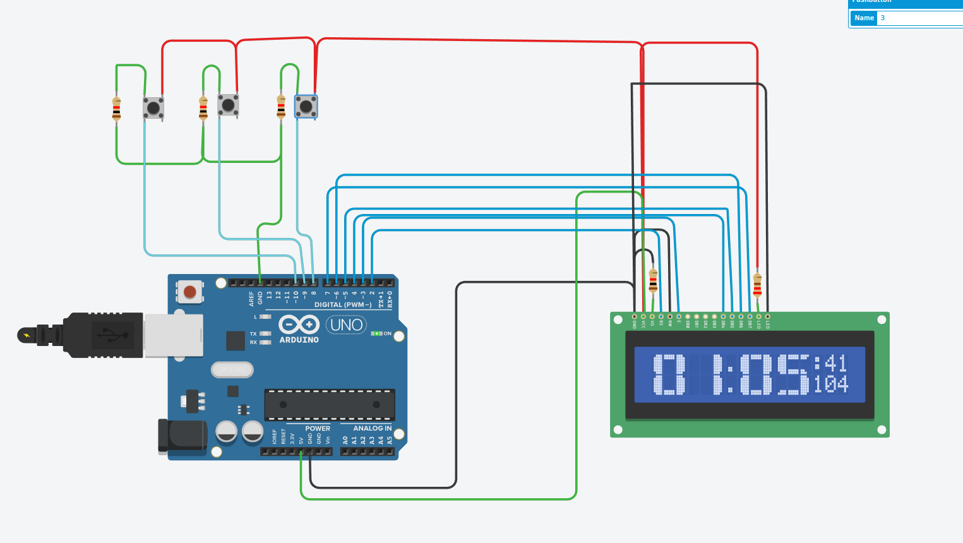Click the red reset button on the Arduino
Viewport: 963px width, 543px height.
189,292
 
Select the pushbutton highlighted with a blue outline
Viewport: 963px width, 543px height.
306,107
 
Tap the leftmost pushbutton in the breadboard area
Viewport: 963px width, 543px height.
153,108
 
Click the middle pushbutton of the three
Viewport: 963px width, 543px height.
228,105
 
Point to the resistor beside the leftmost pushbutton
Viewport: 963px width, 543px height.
116,109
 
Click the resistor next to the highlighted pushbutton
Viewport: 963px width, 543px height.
281,107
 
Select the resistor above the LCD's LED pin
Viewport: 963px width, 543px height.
757,285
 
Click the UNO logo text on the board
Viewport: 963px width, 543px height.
347,325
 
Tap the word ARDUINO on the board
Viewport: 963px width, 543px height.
299,340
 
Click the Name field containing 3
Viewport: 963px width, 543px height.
919,18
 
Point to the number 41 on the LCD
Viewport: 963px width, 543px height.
835,363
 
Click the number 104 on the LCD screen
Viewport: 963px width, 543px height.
830,384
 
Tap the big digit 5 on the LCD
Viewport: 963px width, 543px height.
793,374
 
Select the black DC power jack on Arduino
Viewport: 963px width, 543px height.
182,436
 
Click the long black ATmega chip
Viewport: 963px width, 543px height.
329,405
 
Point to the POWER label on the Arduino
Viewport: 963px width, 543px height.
318,428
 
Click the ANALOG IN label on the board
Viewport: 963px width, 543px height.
372,428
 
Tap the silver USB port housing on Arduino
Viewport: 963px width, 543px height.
173,335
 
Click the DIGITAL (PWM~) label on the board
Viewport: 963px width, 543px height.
343,304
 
